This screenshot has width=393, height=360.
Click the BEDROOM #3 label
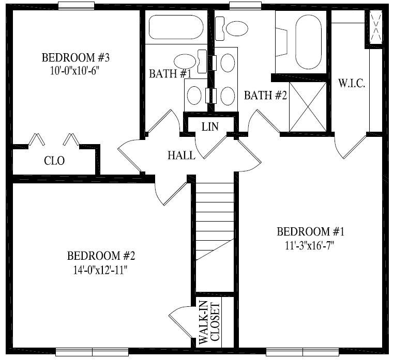tap(75, 57)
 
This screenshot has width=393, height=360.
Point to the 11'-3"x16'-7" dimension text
tap(310, 246)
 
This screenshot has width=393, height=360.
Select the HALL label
tap(182, 155)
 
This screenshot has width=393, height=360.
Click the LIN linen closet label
tap(210, 127)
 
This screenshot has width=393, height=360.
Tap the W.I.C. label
tap(352, 83)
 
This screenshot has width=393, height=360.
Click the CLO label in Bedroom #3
tap(54, 161)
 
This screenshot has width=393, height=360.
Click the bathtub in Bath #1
tap(176, 27)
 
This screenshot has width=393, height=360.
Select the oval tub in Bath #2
tap(308, 41)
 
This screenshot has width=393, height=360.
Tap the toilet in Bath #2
tap(231, 28)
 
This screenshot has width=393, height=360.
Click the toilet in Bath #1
tap(190, 61)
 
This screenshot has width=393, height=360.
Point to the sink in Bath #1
tap(194, 96)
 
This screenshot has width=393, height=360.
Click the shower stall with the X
tap(308, 106)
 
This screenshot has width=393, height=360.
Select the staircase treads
tap(215, 221)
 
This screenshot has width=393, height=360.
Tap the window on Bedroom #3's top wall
tap(76, 6)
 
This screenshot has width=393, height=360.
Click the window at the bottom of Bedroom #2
tap(92, 352)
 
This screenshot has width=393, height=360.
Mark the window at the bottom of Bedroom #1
tap(303, 352)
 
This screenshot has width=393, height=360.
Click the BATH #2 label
tap(265, 96)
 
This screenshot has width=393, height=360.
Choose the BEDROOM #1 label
tap(311, 231)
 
